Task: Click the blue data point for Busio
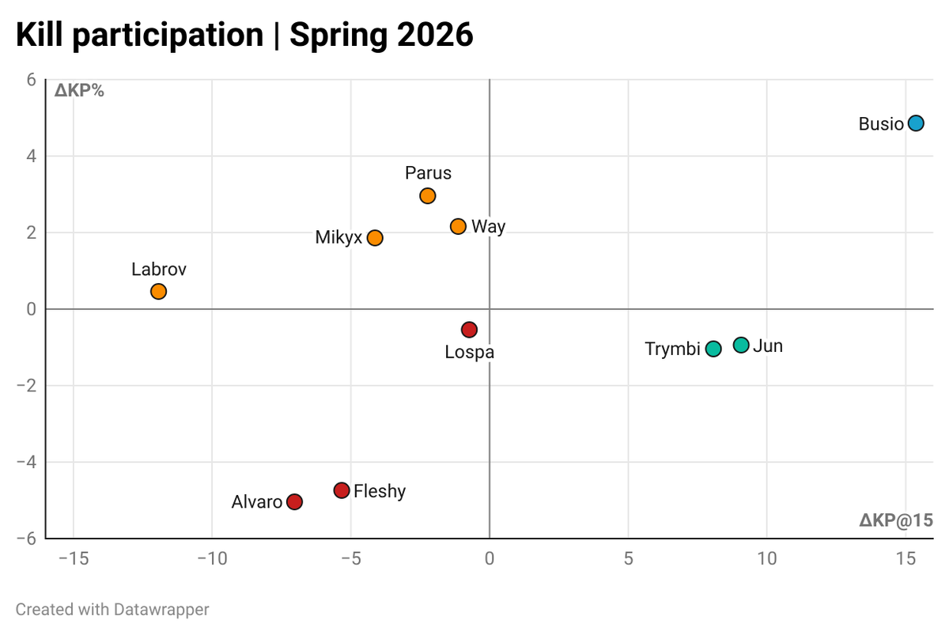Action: click(x=916, y=123)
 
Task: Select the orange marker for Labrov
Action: click(x=158, y=291)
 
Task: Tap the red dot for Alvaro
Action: click(x=294, y=501)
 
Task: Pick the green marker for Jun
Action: click(x=741, y=345)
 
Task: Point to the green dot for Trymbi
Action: click(x=713, y=349)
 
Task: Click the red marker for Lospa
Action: click(x=469, y=329)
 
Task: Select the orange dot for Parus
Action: click(x=428, y=195)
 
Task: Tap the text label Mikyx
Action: click(x=338, y=238)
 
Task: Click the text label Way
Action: click(x=488, y=227)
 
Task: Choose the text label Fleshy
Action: click(x=380, y=491)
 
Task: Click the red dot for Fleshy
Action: click(x=342, y=490)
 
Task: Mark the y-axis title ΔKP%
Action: click(x=79, y=91)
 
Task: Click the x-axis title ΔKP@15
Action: click(x=895, y=520)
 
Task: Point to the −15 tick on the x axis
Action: click(x=73, y=559)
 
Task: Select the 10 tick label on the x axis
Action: click(x=766, y=559)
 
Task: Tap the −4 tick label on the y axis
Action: click(x=28, y=462)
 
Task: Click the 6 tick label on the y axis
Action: click(x=32, y=80)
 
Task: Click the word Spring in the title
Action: click(x=338, y=36)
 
